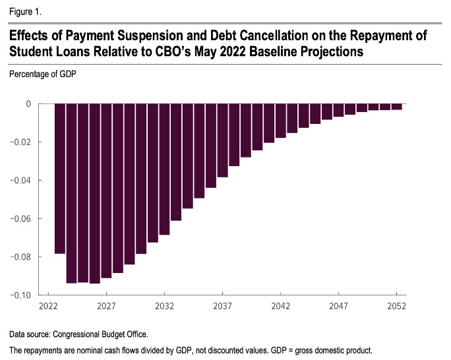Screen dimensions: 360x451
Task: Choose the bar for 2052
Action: (397, 107)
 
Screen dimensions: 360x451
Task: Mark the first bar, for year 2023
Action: (60, 178)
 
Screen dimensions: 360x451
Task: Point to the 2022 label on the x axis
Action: (48, 306)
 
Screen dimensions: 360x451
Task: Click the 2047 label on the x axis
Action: (339, 306)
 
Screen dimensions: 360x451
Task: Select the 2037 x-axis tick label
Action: (223, 306)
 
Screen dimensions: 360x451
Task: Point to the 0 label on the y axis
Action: (28, 104)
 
